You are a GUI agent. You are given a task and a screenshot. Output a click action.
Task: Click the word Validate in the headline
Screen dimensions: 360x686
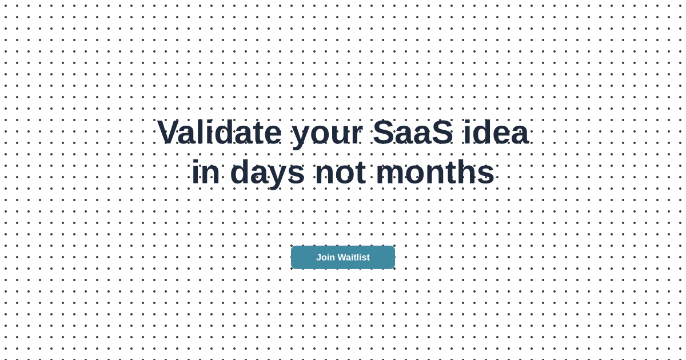coord(219,133)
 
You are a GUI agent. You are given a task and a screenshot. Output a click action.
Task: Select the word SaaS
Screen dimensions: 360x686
coord(412,133)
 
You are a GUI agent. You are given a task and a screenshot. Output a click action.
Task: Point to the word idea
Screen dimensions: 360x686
coord(495,133)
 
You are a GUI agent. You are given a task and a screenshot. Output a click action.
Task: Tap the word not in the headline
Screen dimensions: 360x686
coord(340,173)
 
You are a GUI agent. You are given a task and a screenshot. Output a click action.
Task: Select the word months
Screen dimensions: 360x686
coord(435,172)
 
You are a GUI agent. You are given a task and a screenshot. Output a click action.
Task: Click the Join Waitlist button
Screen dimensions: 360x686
coord(342,257)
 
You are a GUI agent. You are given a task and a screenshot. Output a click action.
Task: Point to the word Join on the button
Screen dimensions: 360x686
coord(325,257)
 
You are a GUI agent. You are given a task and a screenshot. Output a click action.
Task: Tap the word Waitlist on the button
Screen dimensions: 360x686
coord(353,257)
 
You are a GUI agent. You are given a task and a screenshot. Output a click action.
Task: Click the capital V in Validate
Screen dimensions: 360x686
coord(169,133)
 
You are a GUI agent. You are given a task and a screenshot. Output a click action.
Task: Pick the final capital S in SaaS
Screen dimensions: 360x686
coord(441,133)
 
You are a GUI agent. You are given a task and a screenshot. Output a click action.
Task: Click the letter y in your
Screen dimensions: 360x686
coord(302,136)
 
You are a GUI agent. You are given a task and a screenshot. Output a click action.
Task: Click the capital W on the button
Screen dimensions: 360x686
coord(342,257)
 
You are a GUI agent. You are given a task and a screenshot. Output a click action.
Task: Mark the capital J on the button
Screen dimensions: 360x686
coord(318,257)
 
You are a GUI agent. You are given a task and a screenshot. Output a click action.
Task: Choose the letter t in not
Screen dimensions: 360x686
coord(360,173)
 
